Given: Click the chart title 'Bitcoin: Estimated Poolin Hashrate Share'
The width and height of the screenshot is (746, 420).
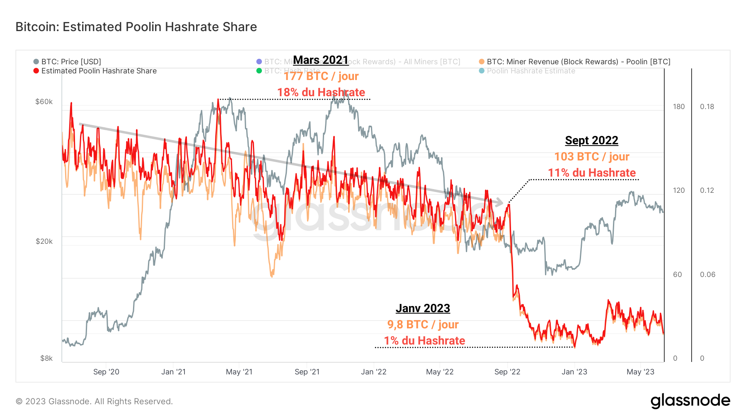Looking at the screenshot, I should tap(136, 27).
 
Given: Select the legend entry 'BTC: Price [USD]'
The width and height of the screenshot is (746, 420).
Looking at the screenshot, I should tap(70, 62).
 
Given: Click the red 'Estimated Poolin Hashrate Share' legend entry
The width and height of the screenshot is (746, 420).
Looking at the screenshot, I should tap(98, 71).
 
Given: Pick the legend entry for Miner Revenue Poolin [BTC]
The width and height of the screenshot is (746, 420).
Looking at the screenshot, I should tap(578, 62).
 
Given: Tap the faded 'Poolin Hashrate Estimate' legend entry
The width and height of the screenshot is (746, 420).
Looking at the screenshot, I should tap(530, 71).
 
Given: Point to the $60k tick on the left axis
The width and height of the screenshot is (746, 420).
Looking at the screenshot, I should tap(44, 102).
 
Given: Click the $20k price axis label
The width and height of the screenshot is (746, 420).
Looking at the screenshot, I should tap(44, 241).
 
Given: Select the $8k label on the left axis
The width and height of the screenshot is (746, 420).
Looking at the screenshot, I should tap(46, 358).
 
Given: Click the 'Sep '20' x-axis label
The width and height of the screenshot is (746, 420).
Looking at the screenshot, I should tap(106, 372).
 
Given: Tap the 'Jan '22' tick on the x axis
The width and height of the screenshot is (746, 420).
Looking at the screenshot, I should tap(373, 372).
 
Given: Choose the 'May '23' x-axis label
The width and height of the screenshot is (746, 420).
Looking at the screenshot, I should tap(640, 372).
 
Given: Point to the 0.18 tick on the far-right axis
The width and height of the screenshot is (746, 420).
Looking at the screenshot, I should tap(707, 107).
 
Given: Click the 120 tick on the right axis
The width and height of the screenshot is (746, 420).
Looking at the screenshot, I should tap(678, 190).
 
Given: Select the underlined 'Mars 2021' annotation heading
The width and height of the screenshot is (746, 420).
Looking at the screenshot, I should tap(320, 60).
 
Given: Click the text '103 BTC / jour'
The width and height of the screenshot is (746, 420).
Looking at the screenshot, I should tap(591, 157).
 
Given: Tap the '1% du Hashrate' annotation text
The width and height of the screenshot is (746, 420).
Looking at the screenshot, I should tap(424, 341).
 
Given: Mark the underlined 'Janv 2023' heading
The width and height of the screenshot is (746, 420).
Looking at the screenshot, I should tap(423, 308).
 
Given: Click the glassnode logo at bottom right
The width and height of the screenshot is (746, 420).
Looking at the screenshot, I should tap(690, 401).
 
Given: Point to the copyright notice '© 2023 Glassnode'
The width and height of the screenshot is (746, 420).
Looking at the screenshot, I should tap(94, 401).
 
